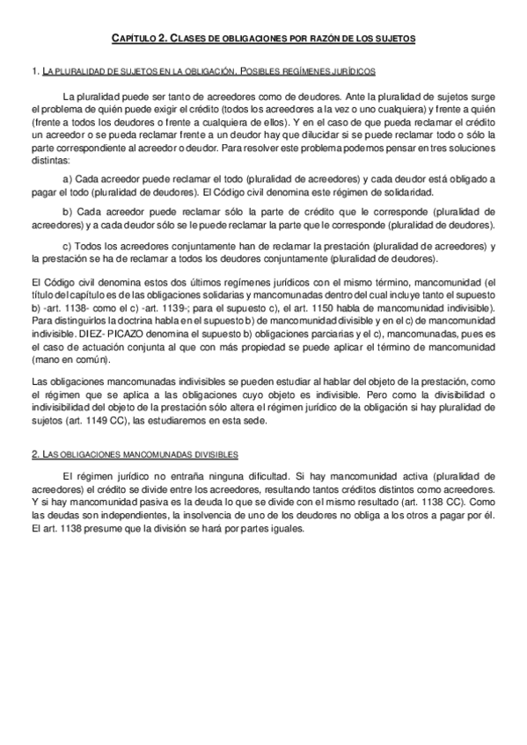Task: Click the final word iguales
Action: tap(283, 531)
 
